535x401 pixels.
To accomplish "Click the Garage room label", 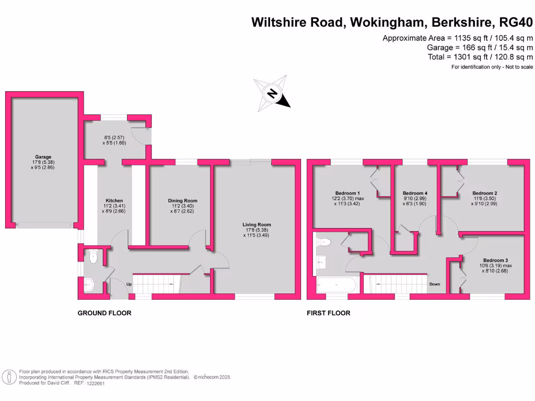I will (x=44, y=157).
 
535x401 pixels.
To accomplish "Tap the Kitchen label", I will (x=114, y=201).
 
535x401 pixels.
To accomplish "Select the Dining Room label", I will (x=182, y=200).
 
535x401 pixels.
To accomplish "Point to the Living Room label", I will (x=257, y=225).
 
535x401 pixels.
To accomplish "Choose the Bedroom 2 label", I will (x=484, y=193).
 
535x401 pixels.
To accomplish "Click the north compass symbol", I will (x=272, y=94).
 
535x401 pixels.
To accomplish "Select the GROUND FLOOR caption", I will (x=104, y=313).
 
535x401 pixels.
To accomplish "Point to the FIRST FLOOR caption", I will (x=329, y=313).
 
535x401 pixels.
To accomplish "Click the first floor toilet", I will (x=323, y=241).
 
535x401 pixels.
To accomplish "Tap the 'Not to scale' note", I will (x=517, y=67).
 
